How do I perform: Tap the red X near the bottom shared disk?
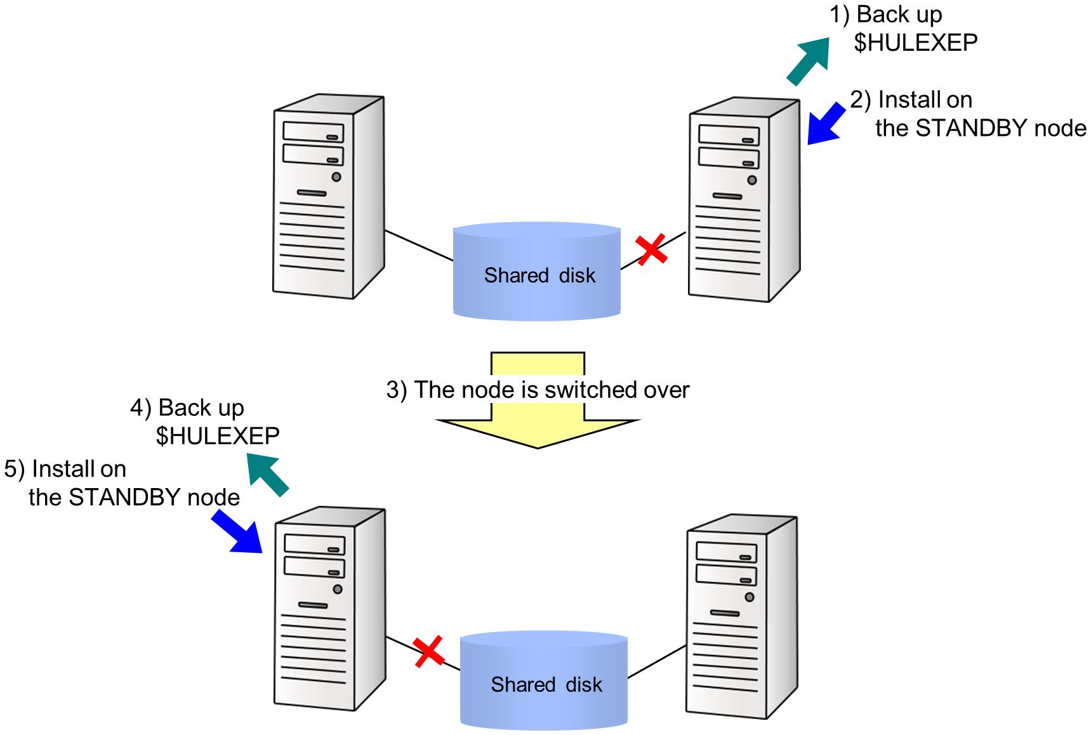coord(429,652)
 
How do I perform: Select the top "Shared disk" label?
coord(539,275)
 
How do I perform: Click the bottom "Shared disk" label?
coord(546,685)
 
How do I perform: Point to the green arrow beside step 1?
coord(808,60)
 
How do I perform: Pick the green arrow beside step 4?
coord(267,473)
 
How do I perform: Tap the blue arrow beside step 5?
coord(236,532)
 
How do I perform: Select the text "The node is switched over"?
coord(552,390)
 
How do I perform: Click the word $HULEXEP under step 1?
coord(916,43)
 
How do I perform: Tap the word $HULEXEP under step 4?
coord(218,436)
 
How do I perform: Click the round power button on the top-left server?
coord(336,177)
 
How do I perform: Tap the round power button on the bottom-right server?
coord(750,597)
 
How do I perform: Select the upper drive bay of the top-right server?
coord(729,135)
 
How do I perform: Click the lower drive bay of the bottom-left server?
coord(315,567)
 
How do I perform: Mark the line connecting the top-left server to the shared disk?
coord(419,246)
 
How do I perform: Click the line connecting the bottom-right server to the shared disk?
coord(657,661)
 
